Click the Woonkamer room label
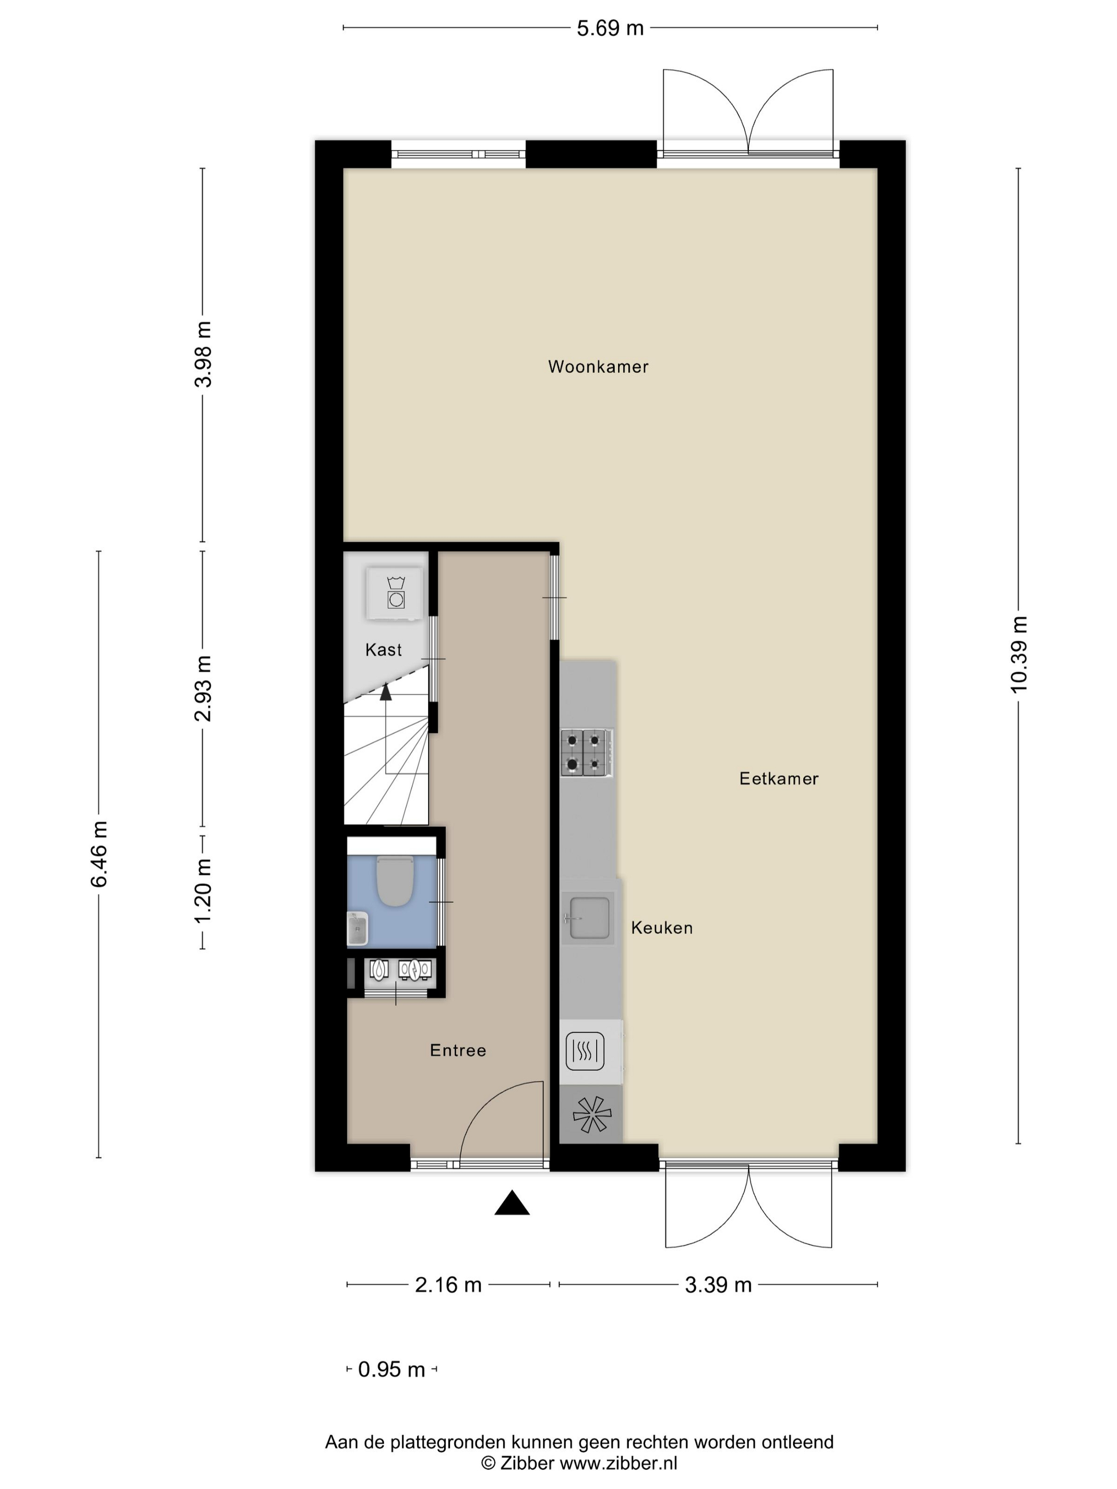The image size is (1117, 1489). click(598, 367)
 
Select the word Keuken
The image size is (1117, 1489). click(662, 928)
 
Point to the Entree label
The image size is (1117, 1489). click(458, 1050)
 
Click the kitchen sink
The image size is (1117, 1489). click(588, 917)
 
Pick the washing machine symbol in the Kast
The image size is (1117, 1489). click(395, 593)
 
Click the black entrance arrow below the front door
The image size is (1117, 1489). click(512, 1202)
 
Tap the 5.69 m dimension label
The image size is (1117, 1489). click(610, 28)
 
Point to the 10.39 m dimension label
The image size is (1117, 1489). click(1019, 654)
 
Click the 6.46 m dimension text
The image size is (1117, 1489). click(99, 854)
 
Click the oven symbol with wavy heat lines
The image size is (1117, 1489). click(585, 1051)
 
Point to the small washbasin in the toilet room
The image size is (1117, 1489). click(357, 929)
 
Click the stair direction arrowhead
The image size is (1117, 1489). click(385, 692)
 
